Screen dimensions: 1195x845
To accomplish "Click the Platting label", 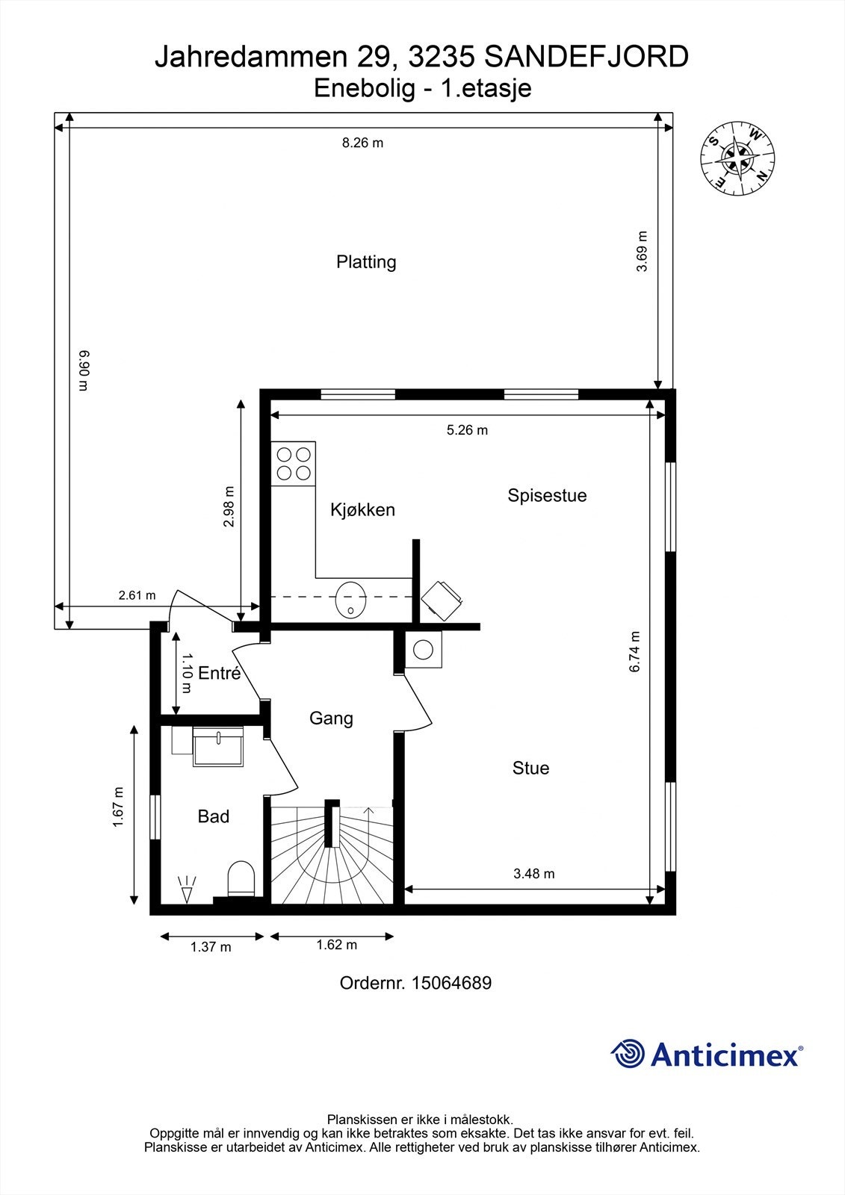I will pos(366,262).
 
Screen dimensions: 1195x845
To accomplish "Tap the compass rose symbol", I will pos(737,157).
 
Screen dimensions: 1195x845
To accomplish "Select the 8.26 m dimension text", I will pos(362,143).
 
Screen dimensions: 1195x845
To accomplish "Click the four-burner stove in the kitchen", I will pos(294,463).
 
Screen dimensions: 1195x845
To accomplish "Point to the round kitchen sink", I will pos(350,600).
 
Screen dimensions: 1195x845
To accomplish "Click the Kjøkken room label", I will pos(362,510).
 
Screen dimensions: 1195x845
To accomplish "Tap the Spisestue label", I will pos(547,495).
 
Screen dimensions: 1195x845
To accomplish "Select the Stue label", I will pos(530,768).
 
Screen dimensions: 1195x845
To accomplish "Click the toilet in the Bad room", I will pos(241,878).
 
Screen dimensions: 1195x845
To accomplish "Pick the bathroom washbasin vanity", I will pos(218,747).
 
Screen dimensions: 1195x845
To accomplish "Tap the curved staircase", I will pos(331,855).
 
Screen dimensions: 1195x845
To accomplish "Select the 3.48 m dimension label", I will pos(533,873).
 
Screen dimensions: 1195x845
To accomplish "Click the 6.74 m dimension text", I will pos(635,652).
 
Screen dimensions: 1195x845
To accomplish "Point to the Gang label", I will pos(331,718).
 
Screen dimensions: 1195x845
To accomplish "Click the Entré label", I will pos(219,673).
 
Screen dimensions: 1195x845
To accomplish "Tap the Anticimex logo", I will pos(707,1054).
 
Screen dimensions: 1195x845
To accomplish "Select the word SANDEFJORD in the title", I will pos(587,57).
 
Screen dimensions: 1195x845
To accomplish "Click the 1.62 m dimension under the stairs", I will pos(336,945).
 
